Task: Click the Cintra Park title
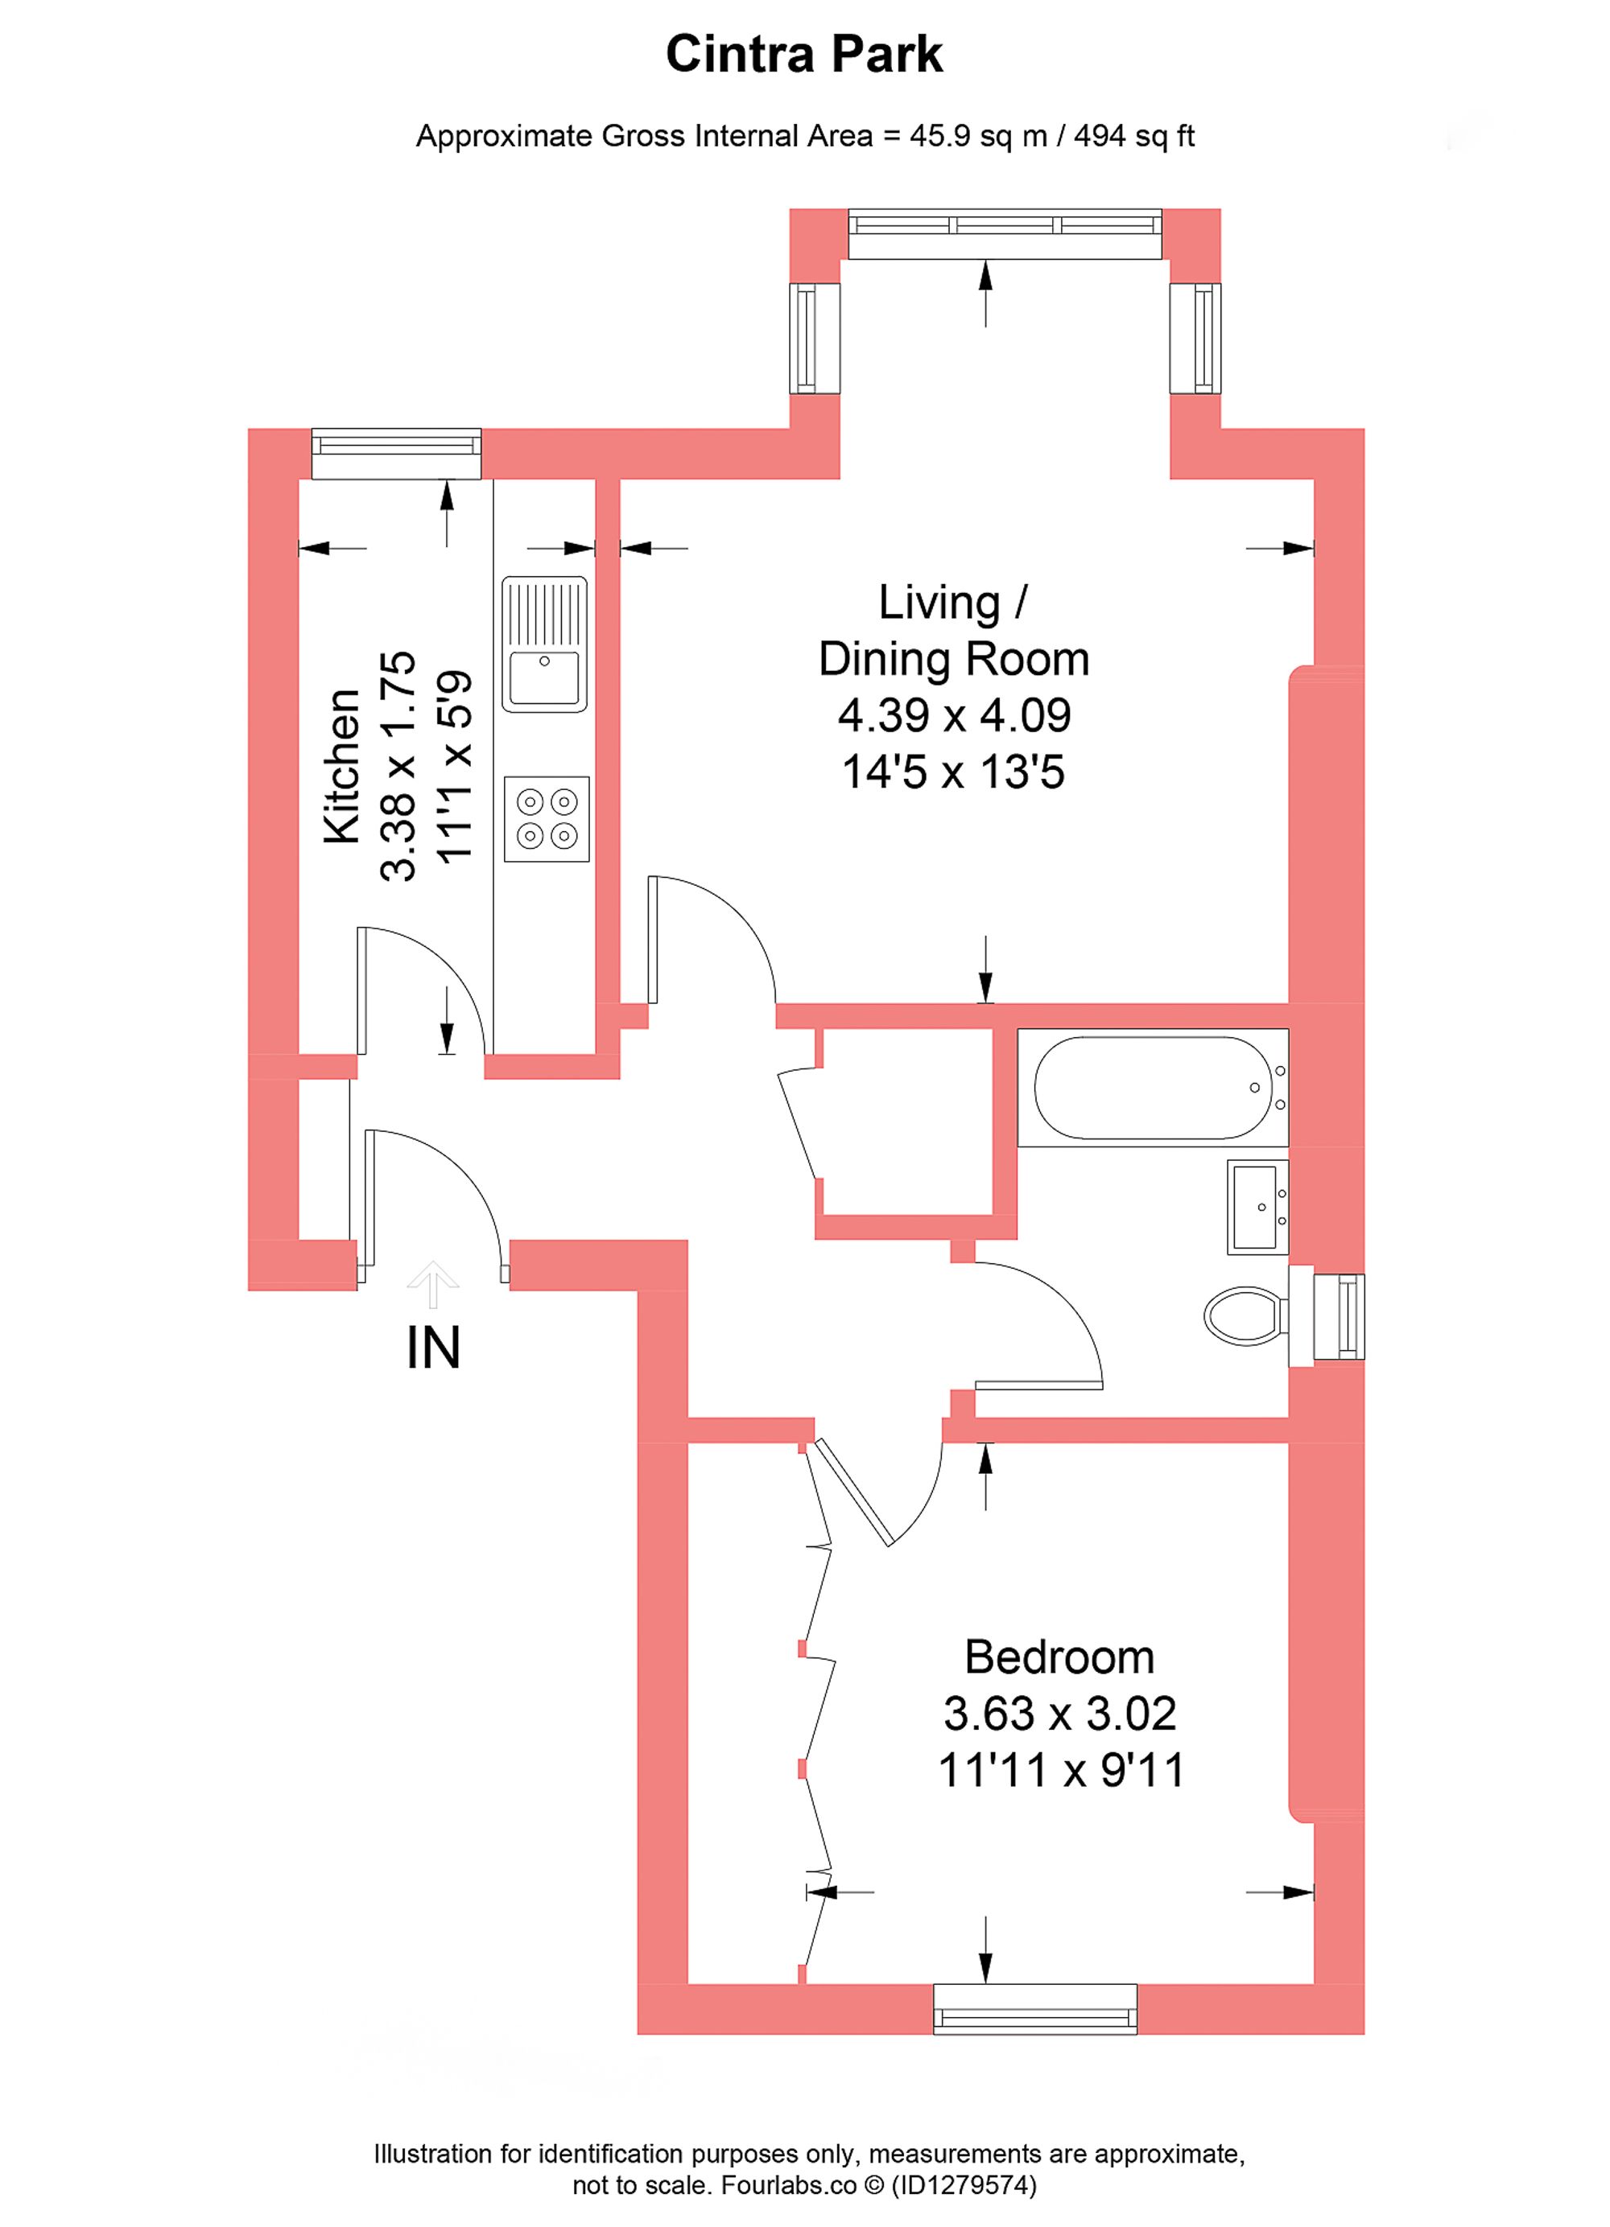pos(803,54)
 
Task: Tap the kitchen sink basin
pos(544,677)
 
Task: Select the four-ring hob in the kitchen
pos(546,819)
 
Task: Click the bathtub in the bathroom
pos(1152,1087)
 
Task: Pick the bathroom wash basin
pos(1257,1206)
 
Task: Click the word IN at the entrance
pos(433,1348)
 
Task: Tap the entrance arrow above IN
pos(433,1283)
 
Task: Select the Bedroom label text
pos(1059,1657)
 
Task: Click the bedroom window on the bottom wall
pos(1034,2008)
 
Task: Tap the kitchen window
pos(396,453)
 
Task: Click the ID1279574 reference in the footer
pos(964,2185)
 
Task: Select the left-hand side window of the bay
pos(815,339)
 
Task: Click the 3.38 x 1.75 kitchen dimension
pos(398,766)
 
